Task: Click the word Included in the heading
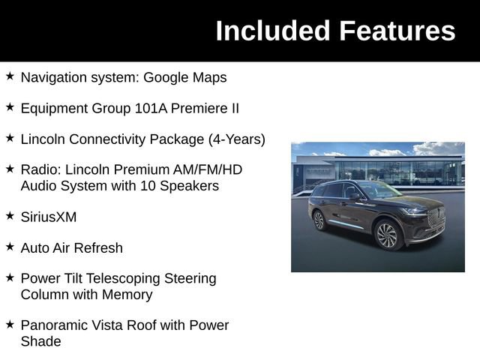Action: click(x=273, y=31)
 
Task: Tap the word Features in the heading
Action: click(x=397, y=31)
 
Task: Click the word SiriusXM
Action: click(x=49, y=217)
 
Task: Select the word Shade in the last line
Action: click(x=40, y=341)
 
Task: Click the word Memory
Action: click(x=127, y=295)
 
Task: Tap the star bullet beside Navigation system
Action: click(x=10, y=76)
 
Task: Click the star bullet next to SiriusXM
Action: click(x=10, y=216)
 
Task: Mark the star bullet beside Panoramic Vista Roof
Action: click(x=10, y=324)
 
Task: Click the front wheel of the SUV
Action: click(x=386, y=235)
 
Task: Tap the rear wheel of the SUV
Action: click(x=319, y=220)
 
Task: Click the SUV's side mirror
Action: click(x=353, y=196)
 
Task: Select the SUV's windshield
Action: click(x=382, y=190)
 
